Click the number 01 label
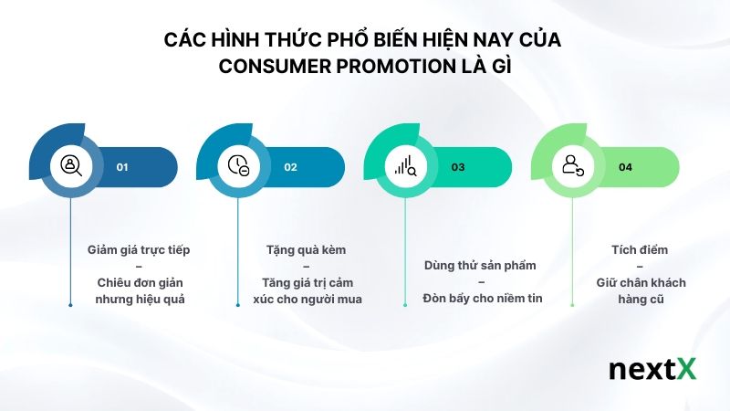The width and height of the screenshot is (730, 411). pyautogui.click(x=122, y=167)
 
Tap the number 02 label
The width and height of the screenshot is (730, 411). pyautogui.click(x=290, y=167)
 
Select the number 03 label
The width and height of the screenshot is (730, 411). pyautogui.click(x=458, y=167)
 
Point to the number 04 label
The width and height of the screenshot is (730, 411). pyautogui.click(x=625, y=167)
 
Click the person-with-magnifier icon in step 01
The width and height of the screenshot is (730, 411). pyautogui.click(x=71, y=165)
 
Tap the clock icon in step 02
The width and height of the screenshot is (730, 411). pyautogui.click(x=238, y=165)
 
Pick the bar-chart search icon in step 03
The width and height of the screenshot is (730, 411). pyautogui.click(x=405, y=165)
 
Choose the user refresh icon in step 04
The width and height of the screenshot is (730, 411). pyautogui.click(x=573, y=165)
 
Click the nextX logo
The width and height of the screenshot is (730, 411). pyautogui.click(x=652, y=370)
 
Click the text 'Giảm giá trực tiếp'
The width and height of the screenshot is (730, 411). pyautogui.click(x=139, y=249)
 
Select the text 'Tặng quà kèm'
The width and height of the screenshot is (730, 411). pyautogui.click(x=306, y=249)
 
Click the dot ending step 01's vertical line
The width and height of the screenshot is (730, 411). pyautogui.click(x=70, y=304)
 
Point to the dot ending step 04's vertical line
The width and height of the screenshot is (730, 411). pyautogui.click(x=572, y=304)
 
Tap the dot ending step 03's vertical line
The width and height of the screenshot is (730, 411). pyautogui.click(x=405, y=304)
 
